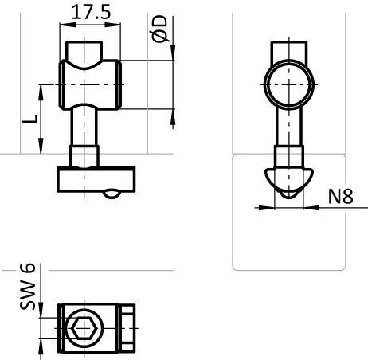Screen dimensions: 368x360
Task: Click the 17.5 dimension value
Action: point(91,12)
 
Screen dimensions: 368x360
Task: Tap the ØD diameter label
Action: point(159,29)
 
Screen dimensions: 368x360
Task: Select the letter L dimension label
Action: point(30,119)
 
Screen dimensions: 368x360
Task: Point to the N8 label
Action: point(341,197)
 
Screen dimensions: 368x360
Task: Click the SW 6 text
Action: point(27,286)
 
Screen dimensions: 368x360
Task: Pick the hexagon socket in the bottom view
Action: point(84,328)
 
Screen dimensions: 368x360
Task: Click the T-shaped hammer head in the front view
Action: point(96,179)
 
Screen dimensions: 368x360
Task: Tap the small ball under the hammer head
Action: point(112,194)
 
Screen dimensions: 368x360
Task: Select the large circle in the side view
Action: point(289,60)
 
